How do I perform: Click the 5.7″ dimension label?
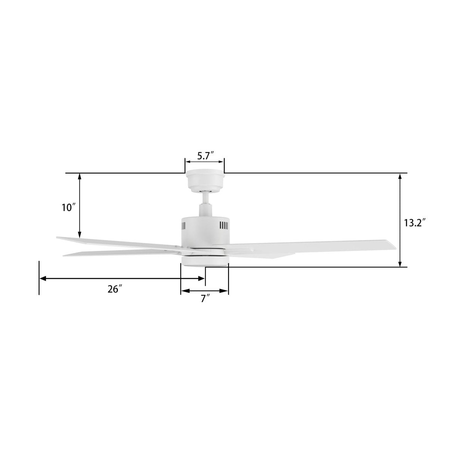[205, 156]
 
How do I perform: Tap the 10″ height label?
[69, 208]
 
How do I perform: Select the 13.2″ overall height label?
[415, 223]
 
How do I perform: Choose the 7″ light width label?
[205, 299]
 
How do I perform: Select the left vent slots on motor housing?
[184, 226]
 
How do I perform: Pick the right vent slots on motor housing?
[223, 226]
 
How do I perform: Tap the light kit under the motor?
[204, 261]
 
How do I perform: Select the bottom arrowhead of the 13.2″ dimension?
[400, 264]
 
